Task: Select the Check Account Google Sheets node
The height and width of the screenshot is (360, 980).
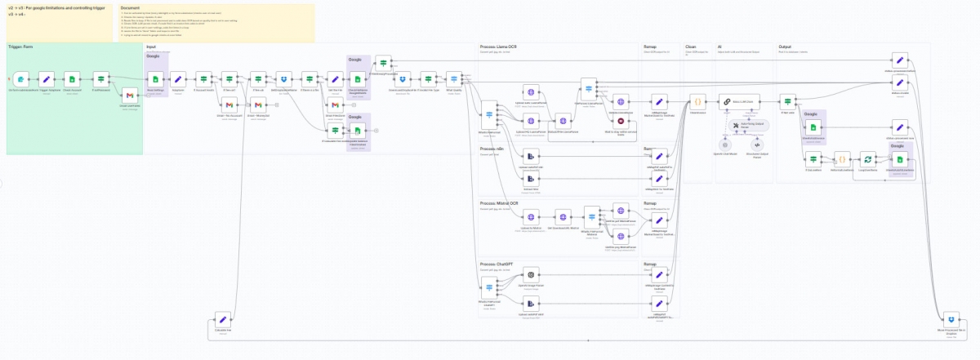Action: click(x=72, y=79)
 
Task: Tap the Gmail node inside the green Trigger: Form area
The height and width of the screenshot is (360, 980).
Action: click(x=128, y=96)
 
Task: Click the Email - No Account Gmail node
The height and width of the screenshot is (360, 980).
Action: click(x=230, y=105)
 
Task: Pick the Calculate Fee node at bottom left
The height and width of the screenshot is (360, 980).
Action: click(x=220, y=318)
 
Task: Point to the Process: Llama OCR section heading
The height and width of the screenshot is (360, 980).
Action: click(x=499, y=47)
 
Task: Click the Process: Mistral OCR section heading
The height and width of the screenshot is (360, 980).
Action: click(x=501, y=202)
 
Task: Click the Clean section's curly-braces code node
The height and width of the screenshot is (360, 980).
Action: click(x=697, y=102)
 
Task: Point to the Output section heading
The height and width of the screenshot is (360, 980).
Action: click(x=786, y=47)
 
